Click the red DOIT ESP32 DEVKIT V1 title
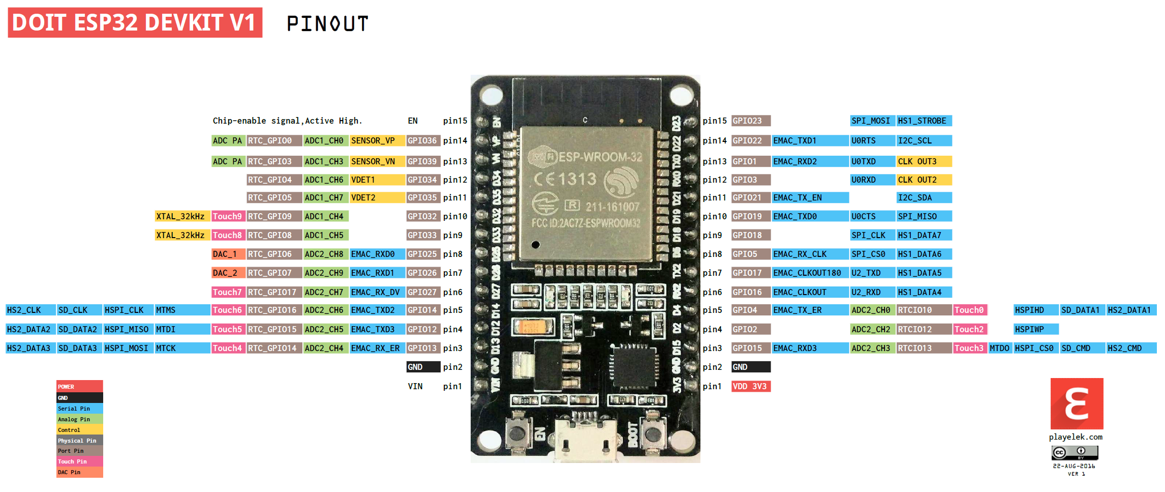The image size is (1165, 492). coord(135,22)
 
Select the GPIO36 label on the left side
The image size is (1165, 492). coord(422,141)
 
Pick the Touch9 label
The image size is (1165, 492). coord(228,216)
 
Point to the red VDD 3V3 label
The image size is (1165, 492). coord(750,386)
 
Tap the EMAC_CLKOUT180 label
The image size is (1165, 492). coord(809,273)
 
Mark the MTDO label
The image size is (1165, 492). coord(1000,348)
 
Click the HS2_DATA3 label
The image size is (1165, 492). coord(29,348)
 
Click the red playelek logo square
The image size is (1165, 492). coord(1076,403)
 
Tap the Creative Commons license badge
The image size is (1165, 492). coord(1075,452)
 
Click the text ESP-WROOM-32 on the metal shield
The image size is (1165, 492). coord(600,157)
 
